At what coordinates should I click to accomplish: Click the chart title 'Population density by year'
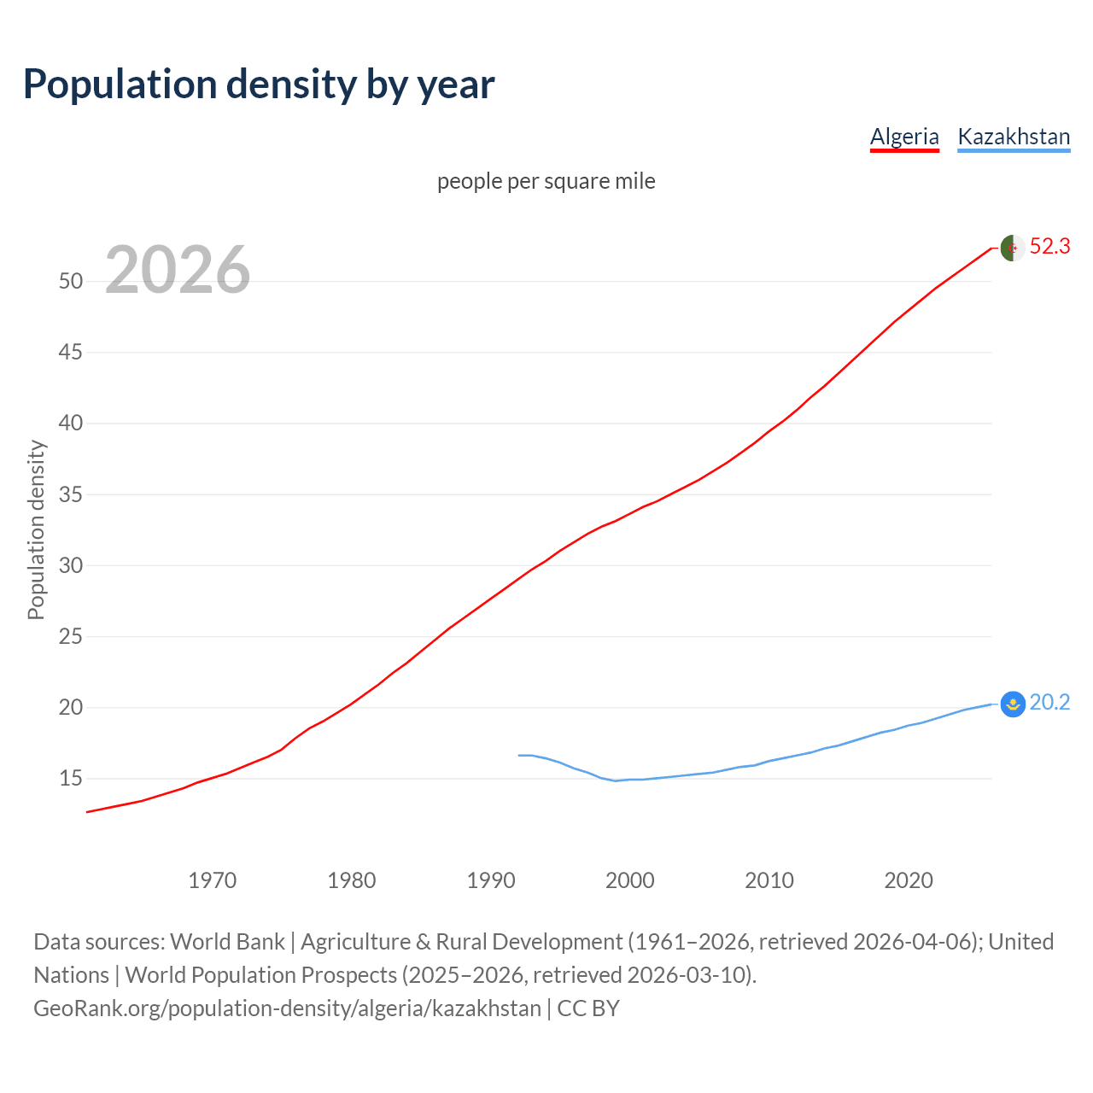259,85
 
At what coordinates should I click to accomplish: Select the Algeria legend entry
904,137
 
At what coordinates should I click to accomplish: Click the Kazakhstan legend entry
1014,137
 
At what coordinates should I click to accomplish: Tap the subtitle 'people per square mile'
546,181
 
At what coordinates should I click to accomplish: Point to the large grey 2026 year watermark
178,270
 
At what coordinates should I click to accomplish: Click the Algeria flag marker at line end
1012,248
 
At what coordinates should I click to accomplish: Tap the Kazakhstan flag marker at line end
1012,704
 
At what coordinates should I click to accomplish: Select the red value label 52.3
1049,247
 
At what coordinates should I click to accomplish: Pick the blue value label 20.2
1049,703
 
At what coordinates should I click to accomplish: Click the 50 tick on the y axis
71,281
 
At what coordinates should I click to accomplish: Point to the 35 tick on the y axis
71,494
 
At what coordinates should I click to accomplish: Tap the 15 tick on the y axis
71,779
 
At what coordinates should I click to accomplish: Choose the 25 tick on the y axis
71,636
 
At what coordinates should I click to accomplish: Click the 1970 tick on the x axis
213,880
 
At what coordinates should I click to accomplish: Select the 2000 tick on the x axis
630,880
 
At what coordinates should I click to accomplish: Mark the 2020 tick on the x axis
909,880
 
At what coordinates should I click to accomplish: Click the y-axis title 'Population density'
36,529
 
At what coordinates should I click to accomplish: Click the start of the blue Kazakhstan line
519,755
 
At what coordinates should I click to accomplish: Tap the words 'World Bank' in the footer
227,942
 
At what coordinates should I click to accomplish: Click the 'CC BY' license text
588,1008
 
